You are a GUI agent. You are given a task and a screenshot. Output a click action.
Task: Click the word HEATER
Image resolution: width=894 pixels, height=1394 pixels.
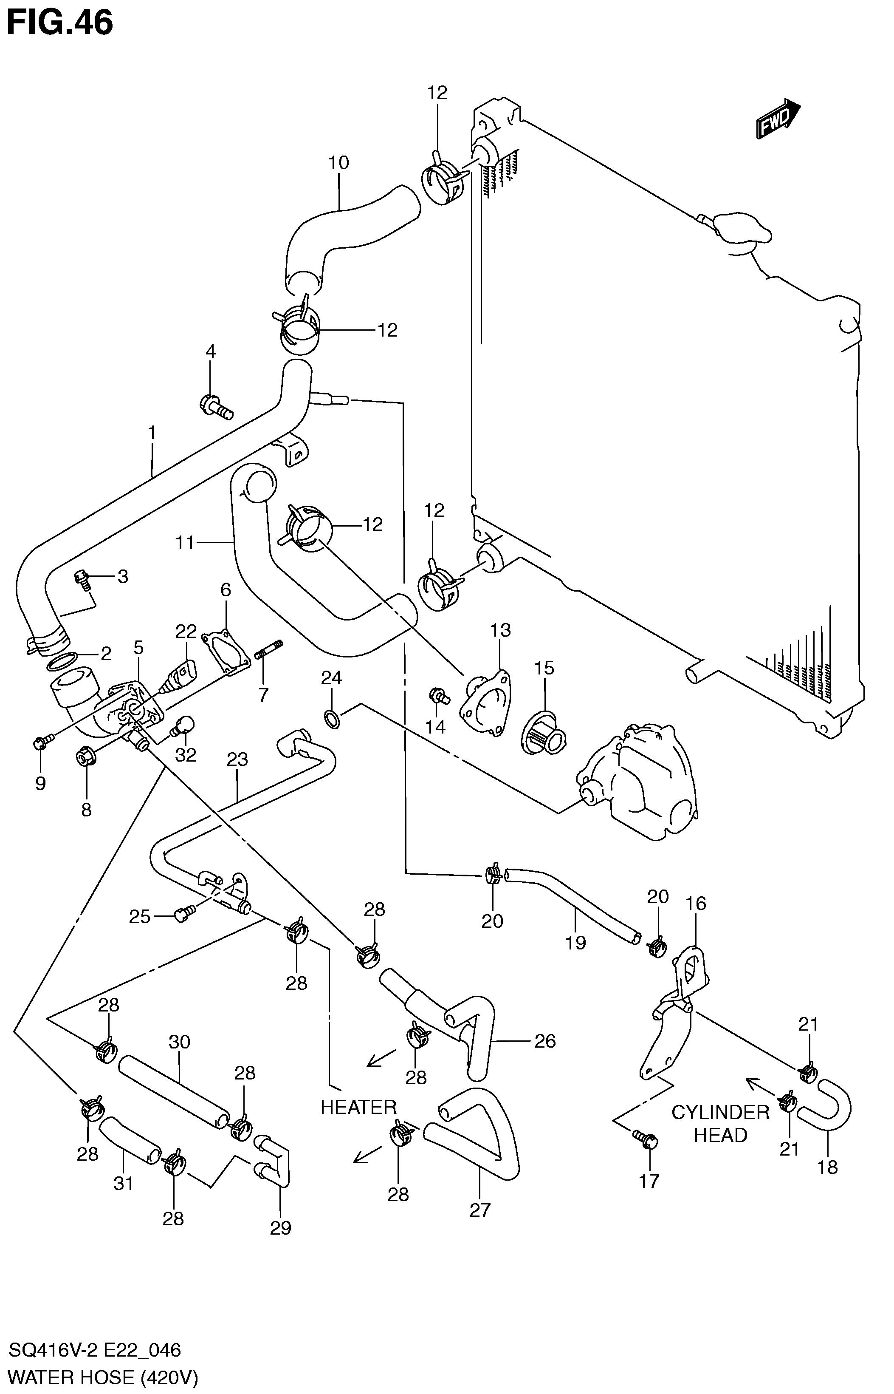coord(358,1107)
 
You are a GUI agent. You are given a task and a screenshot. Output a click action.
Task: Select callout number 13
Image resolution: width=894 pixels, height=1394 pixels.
coord(500,630)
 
